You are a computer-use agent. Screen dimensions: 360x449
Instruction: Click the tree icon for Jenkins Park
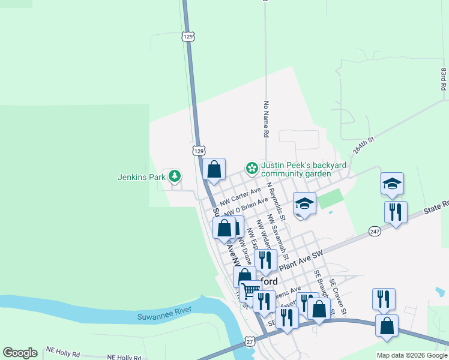[x=175, y=176]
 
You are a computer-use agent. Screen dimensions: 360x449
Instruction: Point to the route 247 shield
[x=375, y=231]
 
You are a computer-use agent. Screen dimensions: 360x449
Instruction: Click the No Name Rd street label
[x=265, y=120]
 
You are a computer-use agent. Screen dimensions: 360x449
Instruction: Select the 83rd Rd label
[x=443, y=79]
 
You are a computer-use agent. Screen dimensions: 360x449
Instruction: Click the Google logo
[x=20, y=353]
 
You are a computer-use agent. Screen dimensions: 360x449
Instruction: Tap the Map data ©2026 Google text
[x=412, y=355]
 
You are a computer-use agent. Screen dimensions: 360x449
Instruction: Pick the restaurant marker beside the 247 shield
[x=396, y=212]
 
